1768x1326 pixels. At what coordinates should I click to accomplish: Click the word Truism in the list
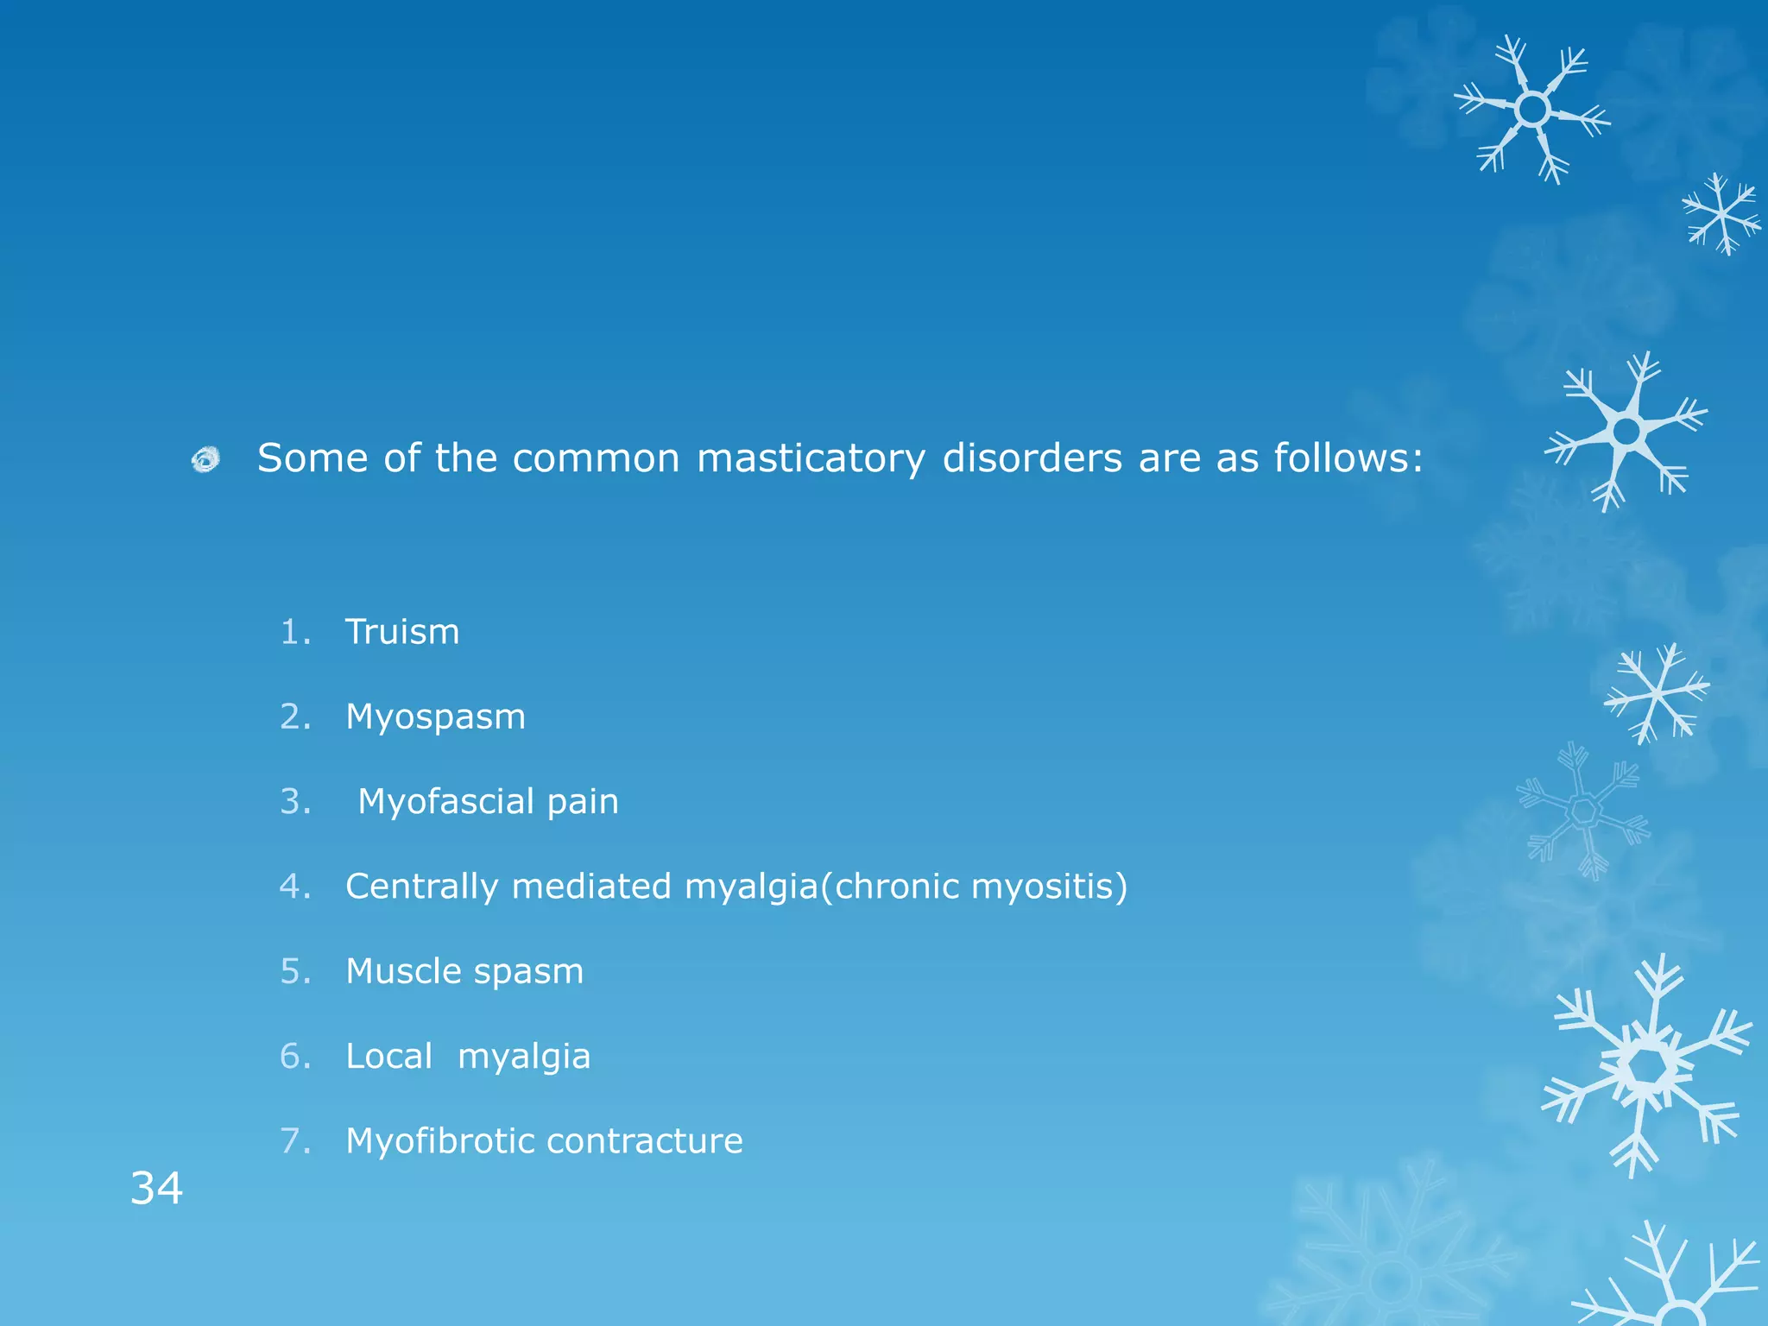click(x=402, y=632)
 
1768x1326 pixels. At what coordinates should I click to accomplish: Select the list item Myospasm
click(x=435, y=717)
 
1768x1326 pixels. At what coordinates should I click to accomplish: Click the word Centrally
click(x=421, y=887)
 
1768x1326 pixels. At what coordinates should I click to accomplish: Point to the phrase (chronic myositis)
click(x=974, y=887)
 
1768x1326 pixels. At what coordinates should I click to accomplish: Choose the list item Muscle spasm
click(x=464, y=971)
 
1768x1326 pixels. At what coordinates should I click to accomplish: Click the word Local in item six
click(x=388, y=1056)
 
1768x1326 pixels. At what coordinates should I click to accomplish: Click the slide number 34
click(x=156, y=1188)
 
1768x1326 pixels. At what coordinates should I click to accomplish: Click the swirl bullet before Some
click(x=205, y=459)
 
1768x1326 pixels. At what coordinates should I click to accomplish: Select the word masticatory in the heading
click(x=811, y=458)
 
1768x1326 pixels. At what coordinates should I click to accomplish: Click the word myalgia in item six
click(x=524, y=1057)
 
